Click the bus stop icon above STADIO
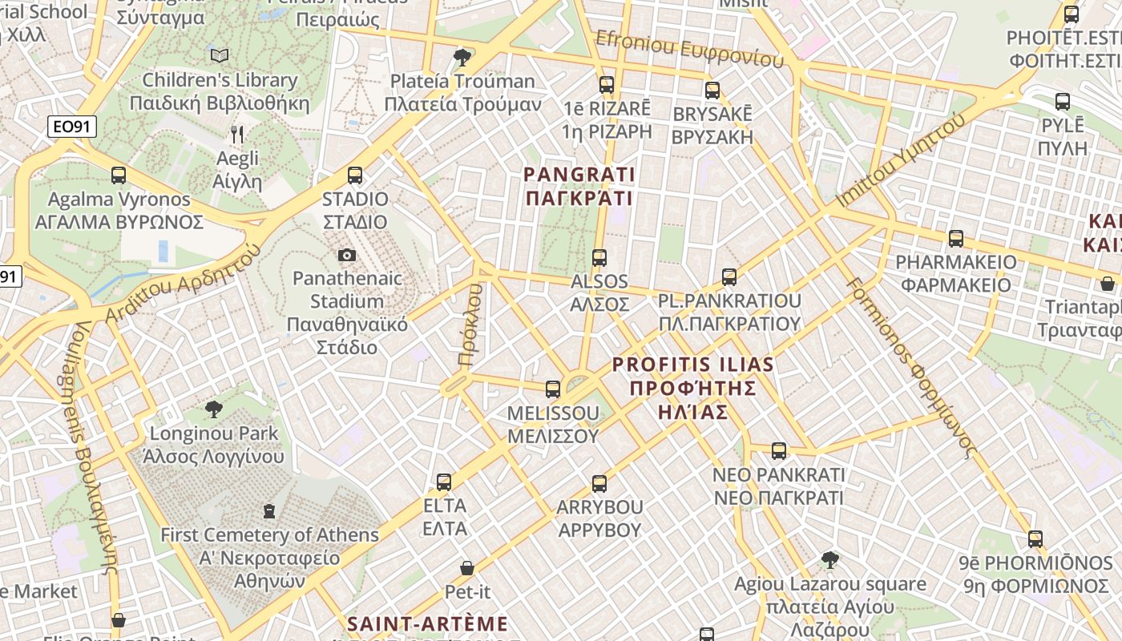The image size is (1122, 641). coord(355,175)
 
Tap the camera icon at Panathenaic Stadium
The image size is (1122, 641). coord(347,255)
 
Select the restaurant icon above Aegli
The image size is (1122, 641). coord(236,134)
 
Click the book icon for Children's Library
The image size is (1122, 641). coord(219,55)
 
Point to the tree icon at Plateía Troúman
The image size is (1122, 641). coord(462,57)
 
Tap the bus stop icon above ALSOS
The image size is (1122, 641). coord(599,258)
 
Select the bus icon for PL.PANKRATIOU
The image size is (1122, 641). coord(729,277)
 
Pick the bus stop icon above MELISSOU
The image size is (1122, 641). coord(553,389)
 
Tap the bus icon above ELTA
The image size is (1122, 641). coord(444,482)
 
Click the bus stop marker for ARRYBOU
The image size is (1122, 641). coord(599,484)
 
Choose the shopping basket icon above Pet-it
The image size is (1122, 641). coord(467,568)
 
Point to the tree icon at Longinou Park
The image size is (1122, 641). coord(214,409)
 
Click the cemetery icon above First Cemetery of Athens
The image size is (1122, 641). coord(269,510)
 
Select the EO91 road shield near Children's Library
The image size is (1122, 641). coord(72,126)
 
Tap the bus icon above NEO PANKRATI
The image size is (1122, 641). coord(778,451)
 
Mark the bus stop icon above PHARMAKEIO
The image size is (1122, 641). coord(955,239)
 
